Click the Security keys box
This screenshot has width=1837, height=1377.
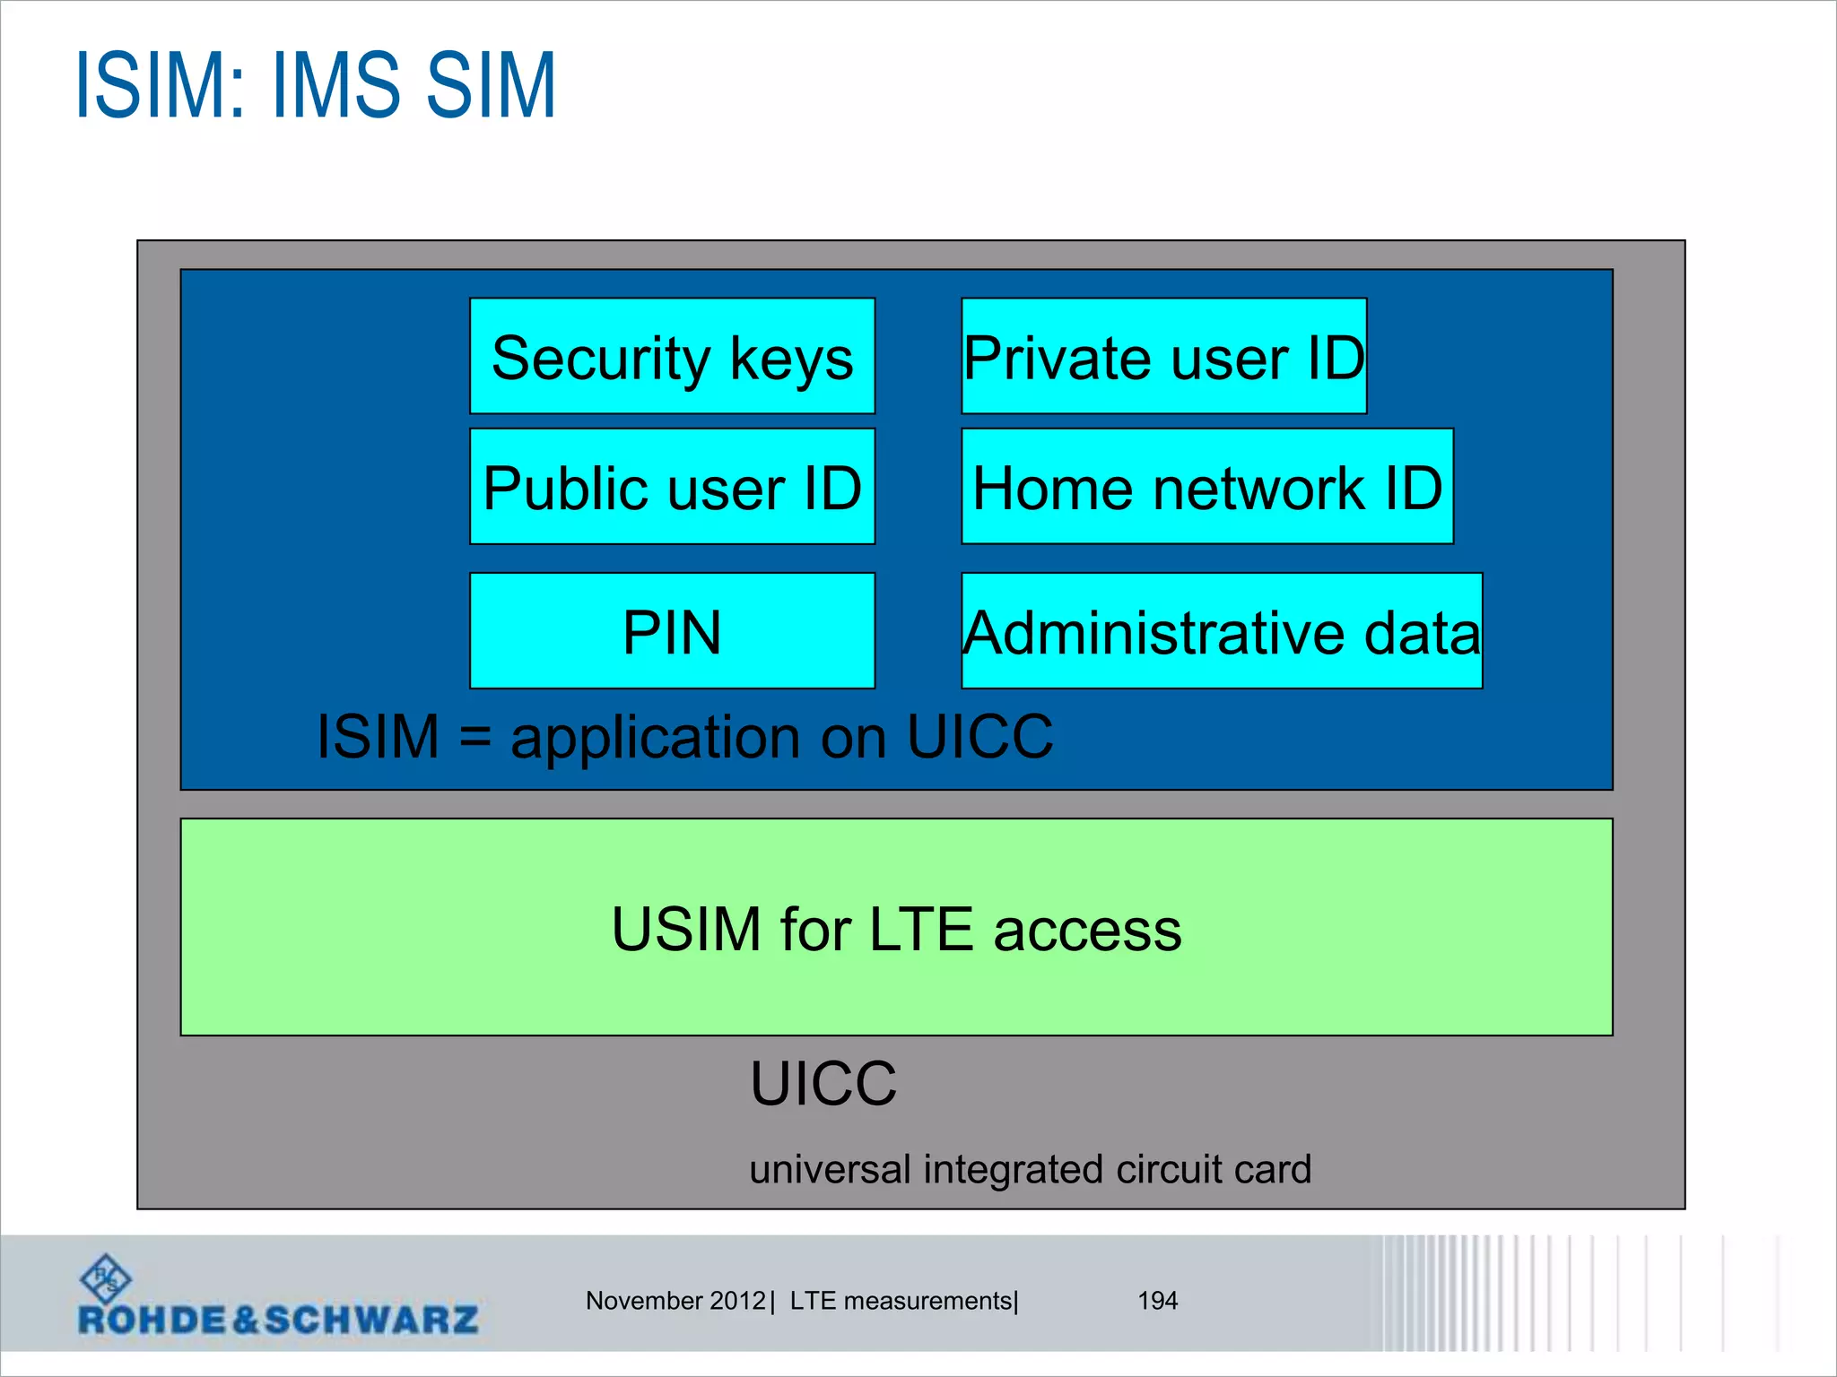click(x=672, y=356)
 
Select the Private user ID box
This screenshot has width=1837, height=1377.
click(x=1163, y=356)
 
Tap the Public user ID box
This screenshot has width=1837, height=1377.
click(x=672, y=487)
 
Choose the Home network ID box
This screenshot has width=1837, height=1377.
click(x=1206, y=487)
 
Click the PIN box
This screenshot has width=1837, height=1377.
click(x=672, y=631)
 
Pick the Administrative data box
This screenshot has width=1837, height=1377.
click(x=1221, y=631)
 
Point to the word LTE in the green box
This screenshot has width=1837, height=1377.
click(x=920, y=929)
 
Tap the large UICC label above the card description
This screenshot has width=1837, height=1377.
click(x=823, y=1083)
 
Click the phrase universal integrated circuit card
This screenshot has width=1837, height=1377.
click(x=1030, y=1169)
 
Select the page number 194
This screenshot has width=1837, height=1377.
click(x=1157, y=1300)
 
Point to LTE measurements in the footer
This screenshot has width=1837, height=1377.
click(x=901, y=1300)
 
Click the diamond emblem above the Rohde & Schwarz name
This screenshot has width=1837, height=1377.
click(x=106, y=1277)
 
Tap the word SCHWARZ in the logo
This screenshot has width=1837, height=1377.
click(x=371, y=1320)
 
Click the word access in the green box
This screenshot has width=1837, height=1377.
click(x=1087, y=931)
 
